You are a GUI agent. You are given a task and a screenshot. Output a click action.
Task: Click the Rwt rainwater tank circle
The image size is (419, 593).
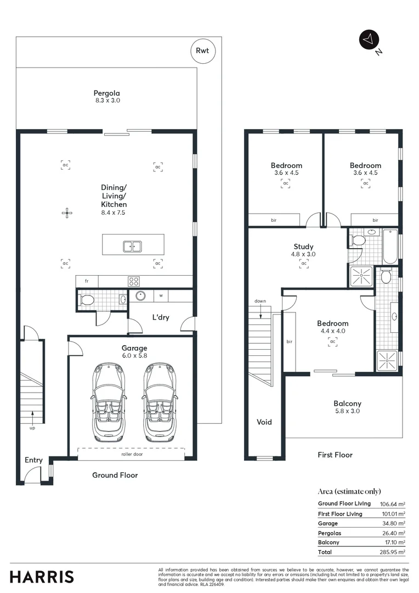203,51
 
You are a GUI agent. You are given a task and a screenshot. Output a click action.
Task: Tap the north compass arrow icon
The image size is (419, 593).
368,40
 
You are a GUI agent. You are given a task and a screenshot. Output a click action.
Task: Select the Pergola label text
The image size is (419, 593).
106,93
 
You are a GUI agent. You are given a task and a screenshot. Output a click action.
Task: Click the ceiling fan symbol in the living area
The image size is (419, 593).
66,212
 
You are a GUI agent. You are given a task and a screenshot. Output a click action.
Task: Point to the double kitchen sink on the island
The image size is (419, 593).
132,246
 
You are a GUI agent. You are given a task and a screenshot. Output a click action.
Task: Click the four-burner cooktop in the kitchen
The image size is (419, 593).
133,281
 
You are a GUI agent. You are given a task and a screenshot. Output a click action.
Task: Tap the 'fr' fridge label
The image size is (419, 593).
86,281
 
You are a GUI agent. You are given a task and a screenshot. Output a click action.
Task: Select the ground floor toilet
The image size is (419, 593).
86,300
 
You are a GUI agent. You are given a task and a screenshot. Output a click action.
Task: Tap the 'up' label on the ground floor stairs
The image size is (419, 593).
32,428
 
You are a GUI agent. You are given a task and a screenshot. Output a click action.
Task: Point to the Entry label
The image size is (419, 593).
33,460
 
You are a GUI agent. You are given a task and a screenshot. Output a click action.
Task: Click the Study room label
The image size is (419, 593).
303,247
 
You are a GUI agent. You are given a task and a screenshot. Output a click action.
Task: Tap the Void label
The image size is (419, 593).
264,422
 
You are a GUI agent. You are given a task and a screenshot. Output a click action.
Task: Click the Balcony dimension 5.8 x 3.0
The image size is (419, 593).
347,411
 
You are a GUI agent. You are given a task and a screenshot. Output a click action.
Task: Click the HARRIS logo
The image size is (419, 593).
42,577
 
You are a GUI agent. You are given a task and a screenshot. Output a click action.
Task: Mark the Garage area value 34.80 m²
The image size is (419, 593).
393,523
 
